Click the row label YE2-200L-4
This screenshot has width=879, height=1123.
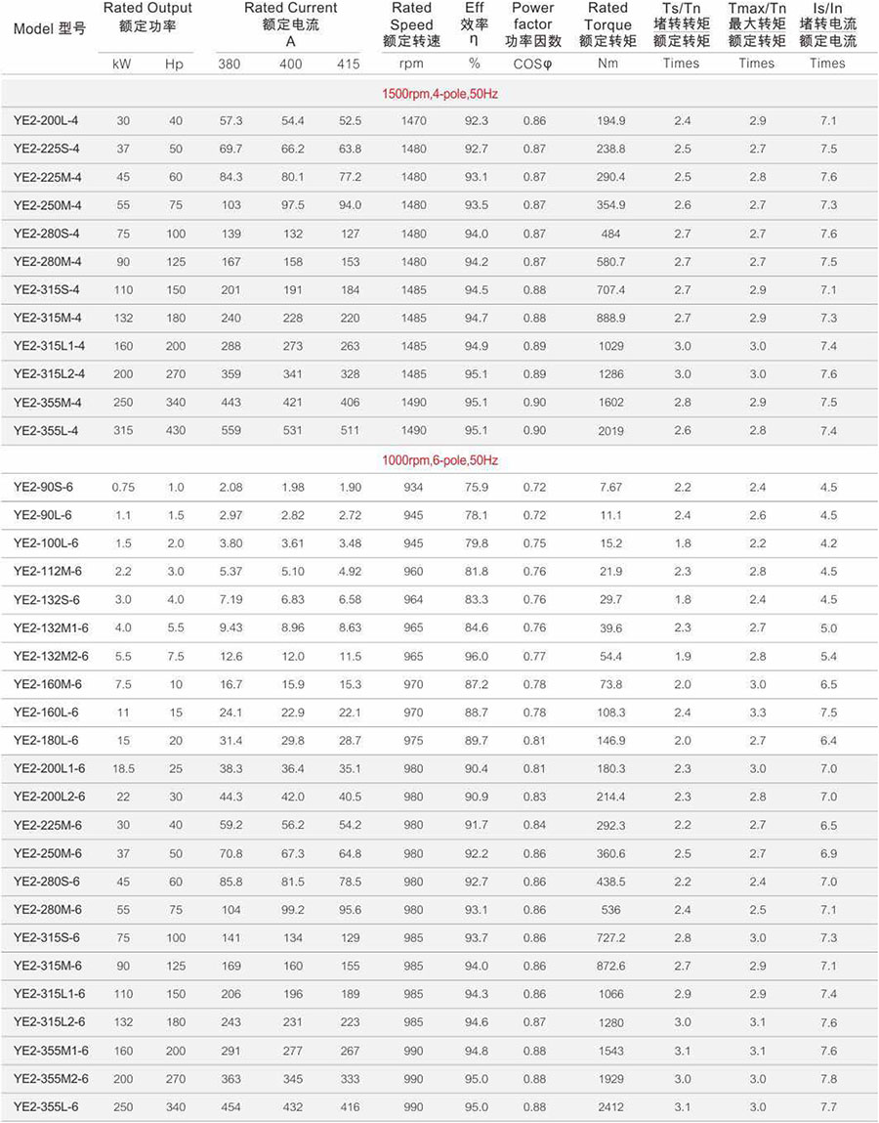click(x=46, y=120)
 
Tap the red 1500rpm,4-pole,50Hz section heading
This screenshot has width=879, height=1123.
click(x=439, y=94)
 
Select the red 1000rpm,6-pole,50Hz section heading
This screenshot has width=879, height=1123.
click(x=439, y=459)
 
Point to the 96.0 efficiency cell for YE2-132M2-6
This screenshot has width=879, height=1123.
click(x=476, y=656)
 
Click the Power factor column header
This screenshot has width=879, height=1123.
click(x=532, y=24)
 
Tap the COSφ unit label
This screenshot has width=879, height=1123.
click(x=532, y=64)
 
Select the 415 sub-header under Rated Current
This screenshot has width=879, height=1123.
click(x=349, y=64)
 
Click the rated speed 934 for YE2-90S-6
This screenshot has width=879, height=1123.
click(x=413, y=487)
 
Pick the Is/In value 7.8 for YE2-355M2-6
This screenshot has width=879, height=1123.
click(x=827, y=1078)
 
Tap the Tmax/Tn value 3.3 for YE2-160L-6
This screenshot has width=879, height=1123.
click(x=757, y=713)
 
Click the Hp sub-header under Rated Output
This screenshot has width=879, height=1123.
click(x=174, y=64)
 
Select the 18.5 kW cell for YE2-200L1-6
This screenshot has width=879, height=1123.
click(x=123, y=768)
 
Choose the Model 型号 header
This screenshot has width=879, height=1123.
click(x=50, y=28)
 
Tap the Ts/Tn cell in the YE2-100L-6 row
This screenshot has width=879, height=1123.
click(x=682, y=543)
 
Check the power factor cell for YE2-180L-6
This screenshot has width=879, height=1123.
click(x=533, y=741)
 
